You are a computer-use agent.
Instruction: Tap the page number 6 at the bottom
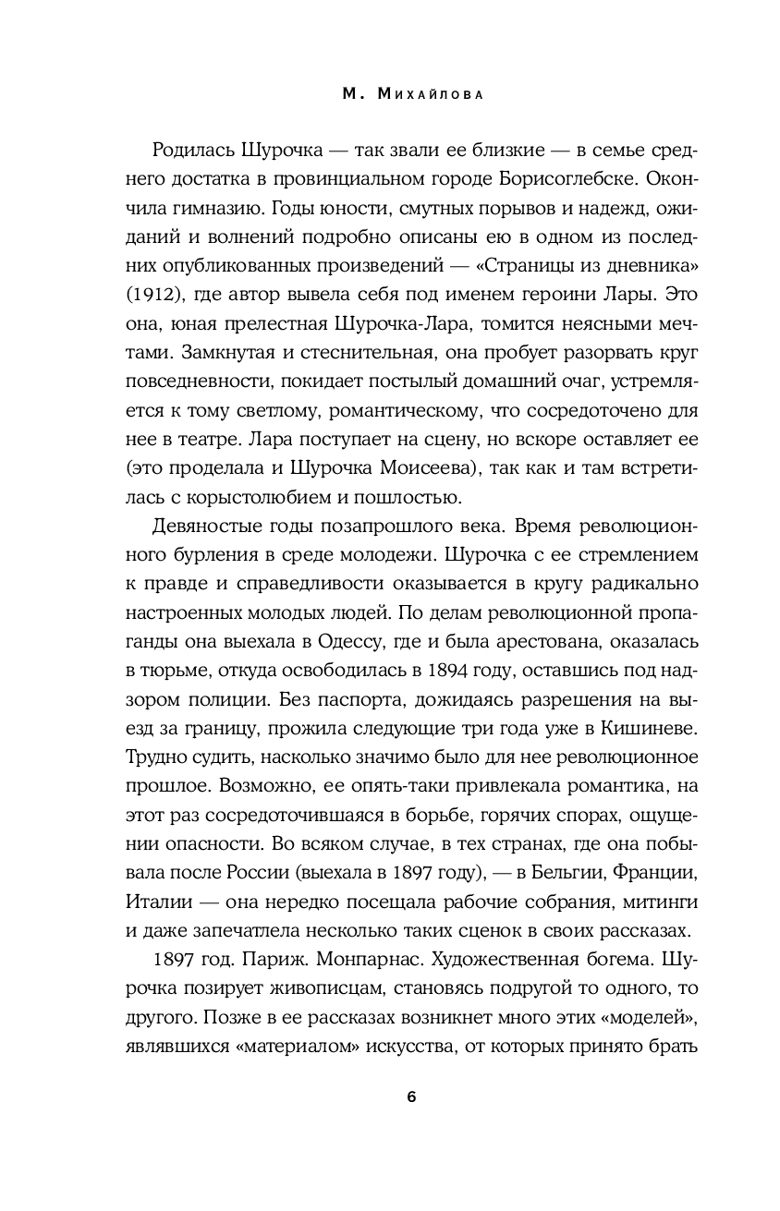click(411, 1097)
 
